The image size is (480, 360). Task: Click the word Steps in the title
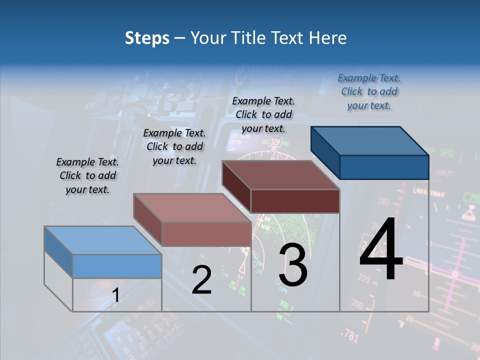tap(147, 38)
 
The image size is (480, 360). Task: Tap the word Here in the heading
tap(328, 38)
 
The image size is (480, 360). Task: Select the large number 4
tap(381, 250)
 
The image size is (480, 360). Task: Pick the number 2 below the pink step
tap(201, 279)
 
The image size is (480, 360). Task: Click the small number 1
tap(115, 295)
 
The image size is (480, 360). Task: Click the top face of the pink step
tap(192, 207)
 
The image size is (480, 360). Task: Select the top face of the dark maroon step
tap(280, 175)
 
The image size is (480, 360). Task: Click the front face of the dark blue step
tap(384, 167)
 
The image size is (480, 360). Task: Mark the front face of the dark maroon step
tap(295, 201)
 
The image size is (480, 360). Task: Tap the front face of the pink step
tap(206, 234)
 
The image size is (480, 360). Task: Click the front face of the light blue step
tap(117, 266)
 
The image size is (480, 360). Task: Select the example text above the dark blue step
tap(369, 91)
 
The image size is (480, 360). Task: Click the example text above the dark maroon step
tap(263, 114)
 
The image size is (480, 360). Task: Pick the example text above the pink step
tap(174, 146)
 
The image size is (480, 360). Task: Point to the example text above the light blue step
tap(87, 175)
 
